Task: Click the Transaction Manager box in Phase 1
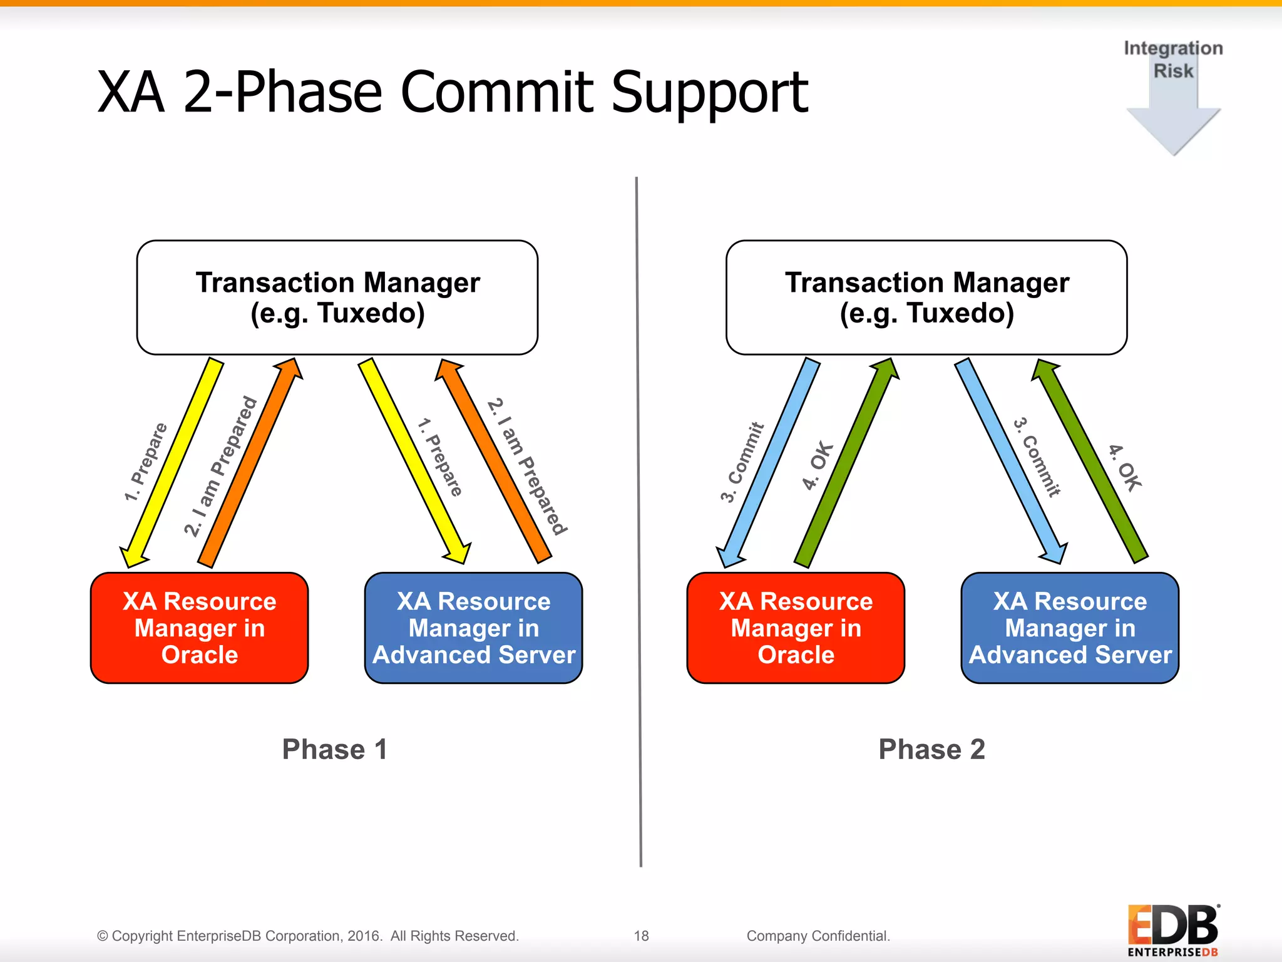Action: point(337,297)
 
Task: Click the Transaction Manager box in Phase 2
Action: point(926,297)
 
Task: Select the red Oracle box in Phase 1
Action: point(199,628)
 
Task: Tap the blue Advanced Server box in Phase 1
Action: point(473,628)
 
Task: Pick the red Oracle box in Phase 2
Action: point(796,628)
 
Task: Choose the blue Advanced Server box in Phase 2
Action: point(1070,628)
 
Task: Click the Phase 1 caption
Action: point(335,749)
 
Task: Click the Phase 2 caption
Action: point(931,749)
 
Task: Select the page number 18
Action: point(641,936)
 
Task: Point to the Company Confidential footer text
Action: point(818,936)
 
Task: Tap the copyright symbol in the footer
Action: point(103,936)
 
